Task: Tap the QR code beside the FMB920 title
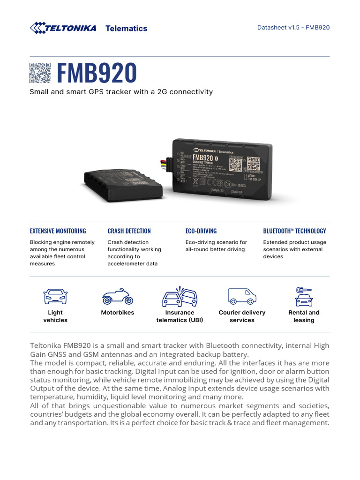pos(40,73)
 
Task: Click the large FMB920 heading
pos(97,73)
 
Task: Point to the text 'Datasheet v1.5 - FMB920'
pos(293,27)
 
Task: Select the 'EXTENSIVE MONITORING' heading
pos(58,231)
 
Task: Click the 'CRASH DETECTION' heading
pos(129,231)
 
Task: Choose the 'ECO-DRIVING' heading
pos(201,231)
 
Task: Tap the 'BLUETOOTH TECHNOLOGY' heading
pos(294,231)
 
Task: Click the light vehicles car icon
pos(55,297)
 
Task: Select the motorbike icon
pos(117,297)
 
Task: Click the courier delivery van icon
pos(242,296)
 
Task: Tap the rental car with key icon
pos(304,296)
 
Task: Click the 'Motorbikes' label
pos(117,313)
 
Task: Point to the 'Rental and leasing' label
pos(304,316)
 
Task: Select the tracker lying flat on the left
pos(123,183)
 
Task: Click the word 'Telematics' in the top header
pos(127,28)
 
